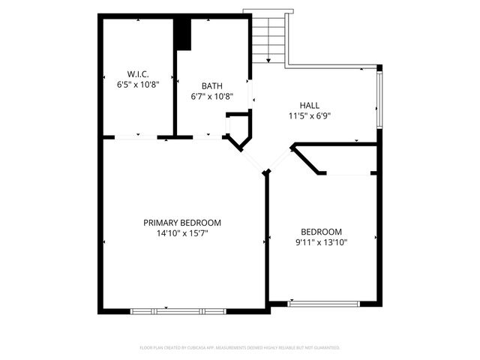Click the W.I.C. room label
(x=137, y=73)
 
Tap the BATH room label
(x=212, y=85)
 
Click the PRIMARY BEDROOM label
(x=182, y=223)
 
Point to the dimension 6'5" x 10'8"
(x=137, y=85)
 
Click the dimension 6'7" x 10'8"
(x=212, y=96)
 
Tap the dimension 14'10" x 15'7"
(x=182, y=233)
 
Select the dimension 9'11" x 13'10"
(x=321, y=242)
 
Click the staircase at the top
(x=268, y=37)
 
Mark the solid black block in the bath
(x=183, y=34)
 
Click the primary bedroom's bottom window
(x=178, y=310)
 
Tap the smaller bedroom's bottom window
(x=323, y=304)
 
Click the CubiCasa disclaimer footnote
(x=240, y=348)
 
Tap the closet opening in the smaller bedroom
(x=348, y=174)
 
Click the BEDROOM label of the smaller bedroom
(x=321, y=232)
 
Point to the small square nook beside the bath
(x=238, y=123)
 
